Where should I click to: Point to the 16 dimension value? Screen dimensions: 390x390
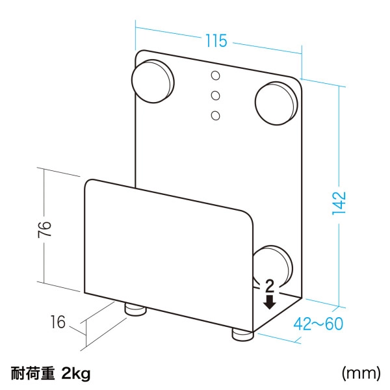pos(58,321)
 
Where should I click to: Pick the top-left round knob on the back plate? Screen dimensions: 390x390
pos(153,79)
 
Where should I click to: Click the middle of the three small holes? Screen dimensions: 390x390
pos(215,96)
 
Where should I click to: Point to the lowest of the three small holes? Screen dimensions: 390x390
pos(215,116)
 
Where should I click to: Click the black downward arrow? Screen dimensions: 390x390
pos(269,301)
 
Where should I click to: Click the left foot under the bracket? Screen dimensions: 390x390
pos(135,309)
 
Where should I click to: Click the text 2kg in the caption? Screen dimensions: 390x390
pos(76,374)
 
